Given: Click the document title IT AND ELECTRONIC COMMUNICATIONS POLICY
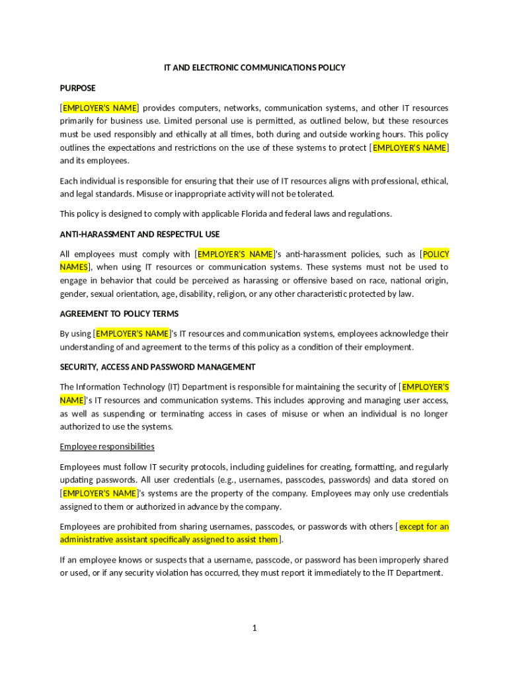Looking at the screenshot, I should click(255, 67).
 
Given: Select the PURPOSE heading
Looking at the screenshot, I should click(78, 88).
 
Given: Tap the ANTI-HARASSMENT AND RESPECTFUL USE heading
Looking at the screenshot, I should click(140, 234).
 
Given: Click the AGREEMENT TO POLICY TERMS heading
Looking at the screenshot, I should click(119, 313).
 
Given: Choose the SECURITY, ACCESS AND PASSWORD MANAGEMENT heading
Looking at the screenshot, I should click(157, 367).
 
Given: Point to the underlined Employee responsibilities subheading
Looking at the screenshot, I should click(107, 446).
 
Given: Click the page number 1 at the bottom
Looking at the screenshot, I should click(254, 627).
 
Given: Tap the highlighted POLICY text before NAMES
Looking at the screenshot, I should click(436, 254).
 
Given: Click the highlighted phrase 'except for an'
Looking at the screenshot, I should click(424, 526).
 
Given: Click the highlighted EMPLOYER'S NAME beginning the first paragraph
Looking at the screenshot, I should click(100, 108).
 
